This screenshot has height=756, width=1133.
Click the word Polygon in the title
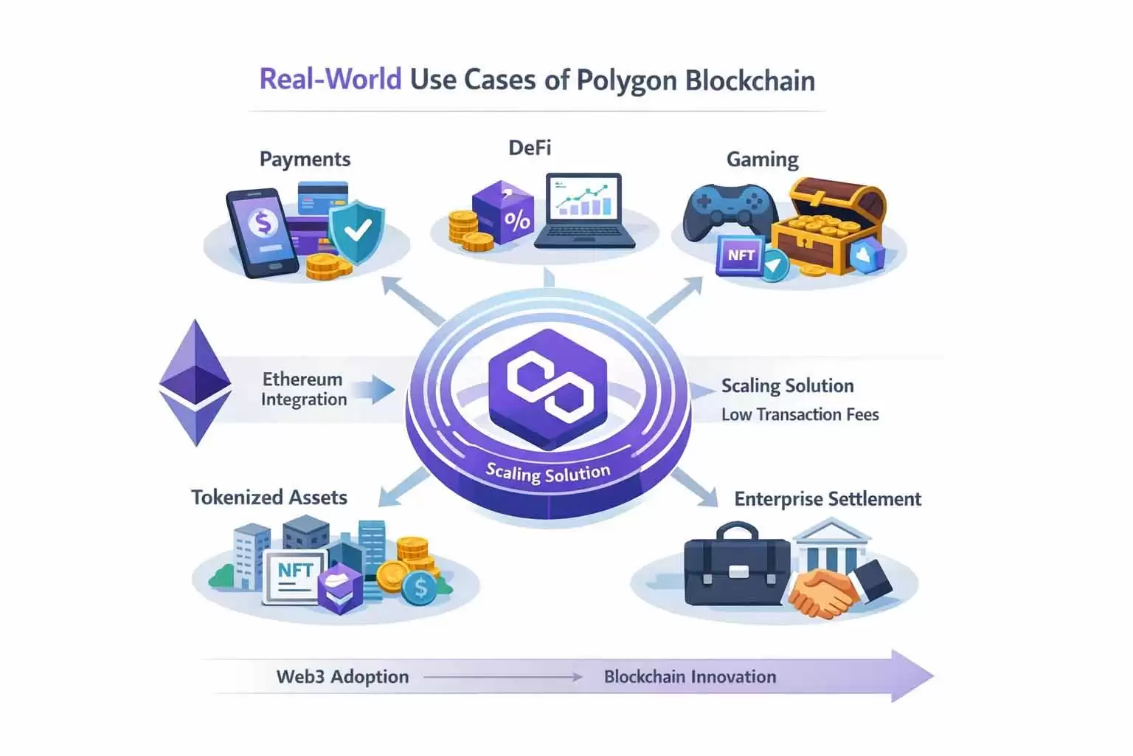pyautogui.click(x=626, y=80)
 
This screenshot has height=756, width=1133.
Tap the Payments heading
pyautogui.click(x=305, y=159)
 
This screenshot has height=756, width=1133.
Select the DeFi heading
pyautogui.click(x=530, y=148)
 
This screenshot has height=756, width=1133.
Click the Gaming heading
pyautogui.click(x=762, y=159)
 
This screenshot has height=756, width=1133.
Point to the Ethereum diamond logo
pyautogui.click(x=195, y=382)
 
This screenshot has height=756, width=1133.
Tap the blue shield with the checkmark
pyautogui.click(x=356, y=230)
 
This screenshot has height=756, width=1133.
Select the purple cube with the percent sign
pyautogui.click(x=503, y=213)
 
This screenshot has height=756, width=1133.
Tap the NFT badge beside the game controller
pyautogui.click(x=741, y=255)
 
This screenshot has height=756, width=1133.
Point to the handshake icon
pyautogui.click(x=825, y=594)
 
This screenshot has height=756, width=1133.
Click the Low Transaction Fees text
pyautogui.click(x=800, y=415)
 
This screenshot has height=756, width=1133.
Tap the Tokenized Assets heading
pyautogui.click(x=269, y=498)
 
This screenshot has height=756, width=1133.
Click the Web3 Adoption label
pyautogui.click(x=342, y=677)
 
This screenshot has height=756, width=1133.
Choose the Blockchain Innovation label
pyautogui.click(x=690, y=677)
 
